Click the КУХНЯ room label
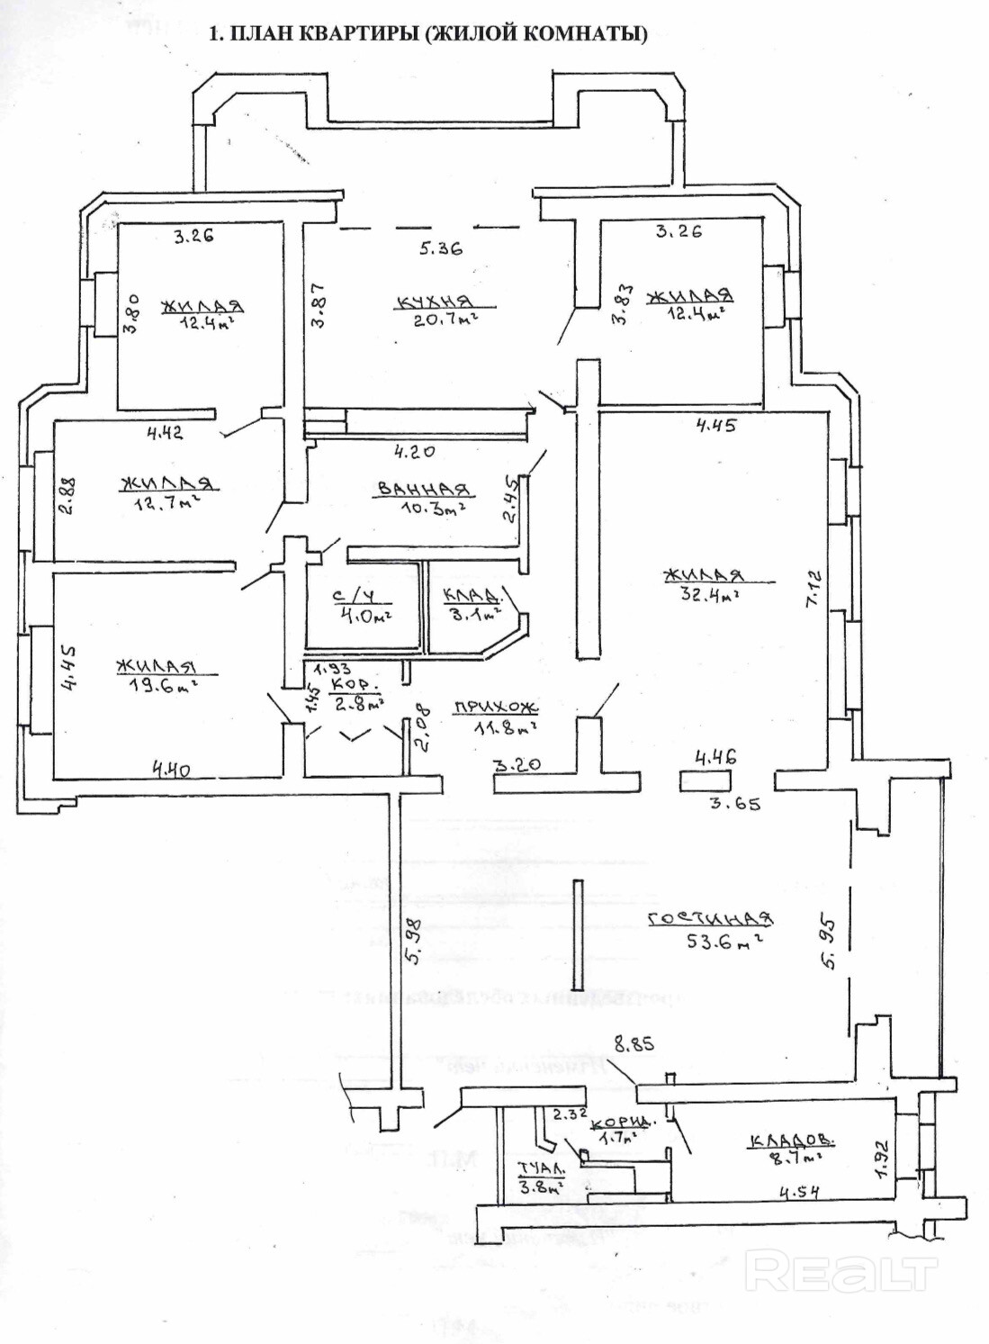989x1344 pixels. tap(433, 302)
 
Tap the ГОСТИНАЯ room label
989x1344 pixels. tap(710, 918)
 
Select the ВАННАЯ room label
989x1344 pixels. tap(424, 489)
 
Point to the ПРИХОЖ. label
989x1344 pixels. tap(494, 707)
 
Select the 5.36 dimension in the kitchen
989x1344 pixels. tap(440, 248)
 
